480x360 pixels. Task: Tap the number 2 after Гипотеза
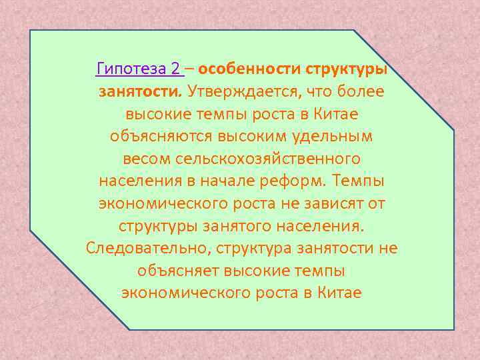pos(175,68)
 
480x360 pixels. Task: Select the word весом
pos(147,159)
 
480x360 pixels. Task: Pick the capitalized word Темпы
pos(361,181)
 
